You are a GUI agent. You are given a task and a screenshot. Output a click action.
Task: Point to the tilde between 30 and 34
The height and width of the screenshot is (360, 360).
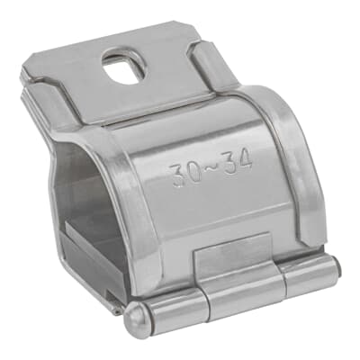click(211, 168)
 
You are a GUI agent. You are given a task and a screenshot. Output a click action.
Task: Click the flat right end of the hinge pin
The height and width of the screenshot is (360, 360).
click(338, 267)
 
